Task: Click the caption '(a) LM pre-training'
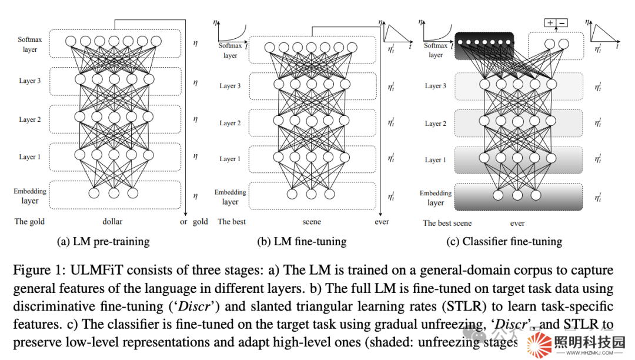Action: coord(103,241)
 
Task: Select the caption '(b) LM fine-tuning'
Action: coord(302,241)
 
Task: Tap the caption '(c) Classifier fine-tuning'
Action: coord(503,241)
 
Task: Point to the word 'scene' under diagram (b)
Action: coord(312,222)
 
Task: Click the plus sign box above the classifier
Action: coord(550,23)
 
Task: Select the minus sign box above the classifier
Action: coord(562,23)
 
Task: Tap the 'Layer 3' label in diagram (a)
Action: coord(29,81)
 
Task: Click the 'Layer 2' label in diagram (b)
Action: coord(230,123)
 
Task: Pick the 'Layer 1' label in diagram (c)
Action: coord(436,159)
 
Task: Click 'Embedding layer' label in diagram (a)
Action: coord(30,196)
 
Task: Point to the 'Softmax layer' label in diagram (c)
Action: coord(436,50)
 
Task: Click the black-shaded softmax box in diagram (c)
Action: coord(484,45)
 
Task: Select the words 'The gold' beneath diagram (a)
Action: coord(29,222)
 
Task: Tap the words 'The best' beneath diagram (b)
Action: coord(232,222)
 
